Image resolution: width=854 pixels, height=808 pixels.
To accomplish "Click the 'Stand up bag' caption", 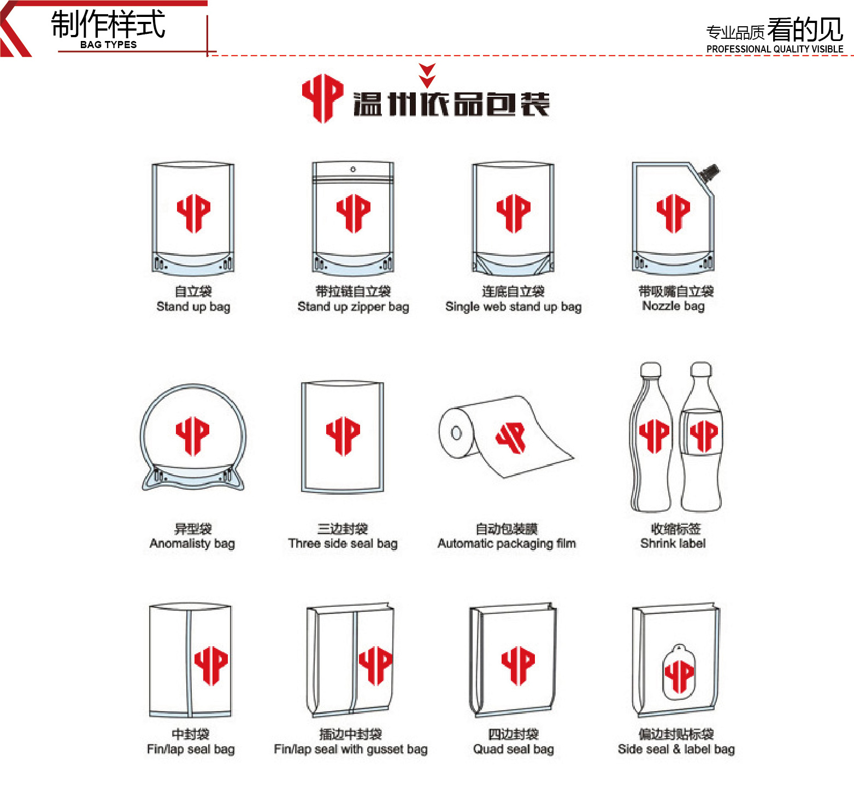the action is point(193,307).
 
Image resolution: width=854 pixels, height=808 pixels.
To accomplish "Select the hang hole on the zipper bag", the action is point(353,169).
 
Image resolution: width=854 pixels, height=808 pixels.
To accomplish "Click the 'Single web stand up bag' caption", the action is point(513,307).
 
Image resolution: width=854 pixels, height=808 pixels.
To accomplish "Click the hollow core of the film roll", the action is point(456,433).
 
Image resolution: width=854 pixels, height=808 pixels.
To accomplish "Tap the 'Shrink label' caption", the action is point(673,543).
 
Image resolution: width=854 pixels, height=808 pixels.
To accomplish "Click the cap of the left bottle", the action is point(651,370).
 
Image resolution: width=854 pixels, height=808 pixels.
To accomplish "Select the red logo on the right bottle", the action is point(703,435).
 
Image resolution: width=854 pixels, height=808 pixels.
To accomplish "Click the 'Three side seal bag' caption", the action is point(343,543).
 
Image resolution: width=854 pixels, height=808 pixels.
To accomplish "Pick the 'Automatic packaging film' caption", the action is point(506,543).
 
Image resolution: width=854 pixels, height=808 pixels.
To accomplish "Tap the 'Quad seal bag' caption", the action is point(513,749).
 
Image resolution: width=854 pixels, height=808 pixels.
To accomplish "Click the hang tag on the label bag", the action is point(679,672).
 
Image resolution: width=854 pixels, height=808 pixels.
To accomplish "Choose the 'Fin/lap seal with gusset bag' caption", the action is point(350,749).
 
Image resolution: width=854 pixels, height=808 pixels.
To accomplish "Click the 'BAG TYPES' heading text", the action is point(108,45).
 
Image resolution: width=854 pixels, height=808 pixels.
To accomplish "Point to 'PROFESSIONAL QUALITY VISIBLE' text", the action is point(775,49).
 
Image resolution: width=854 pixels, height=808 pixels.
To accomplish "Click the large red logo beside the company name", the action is point(322,98).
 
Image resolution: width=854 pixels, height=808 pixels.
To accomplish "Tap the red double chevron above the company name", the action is point(427,75).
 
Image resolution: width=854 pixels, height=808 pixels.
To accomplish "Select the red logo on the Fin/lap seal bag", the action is point(211,666).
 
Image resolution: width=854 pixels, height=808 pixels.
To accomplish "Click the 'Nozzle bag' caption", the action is point(673,306).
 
